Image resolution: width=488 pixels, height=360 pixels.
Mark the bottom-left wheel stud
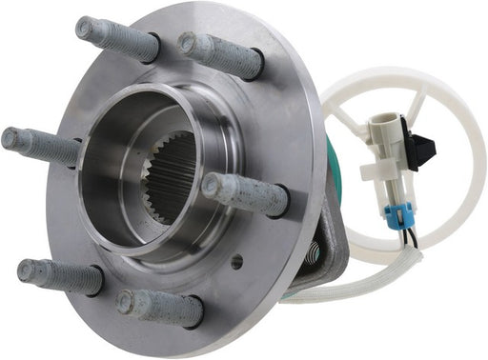tap(59, 276)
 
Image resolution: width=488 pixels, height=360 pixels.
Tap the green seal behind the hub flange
tap(328, 152)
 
